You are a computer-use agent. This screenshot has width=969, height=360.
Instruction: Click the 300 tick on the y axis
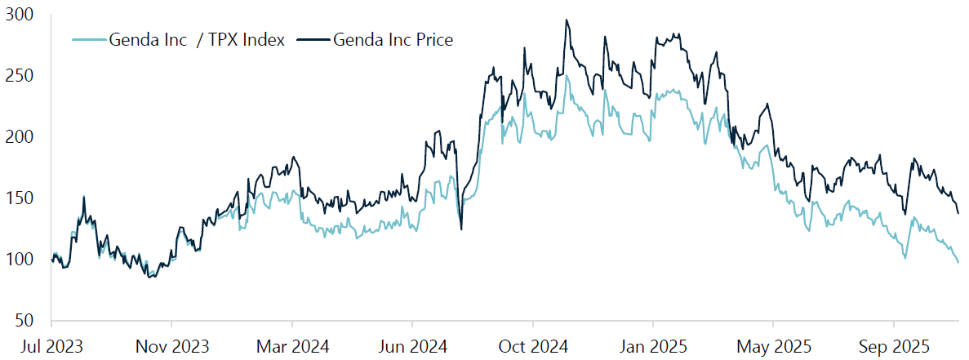21,15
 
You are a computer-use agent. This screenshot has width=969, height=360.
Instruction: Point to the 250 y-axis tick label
21,76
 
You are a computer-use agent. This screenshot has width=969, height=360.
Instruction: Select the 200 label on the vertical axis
21,137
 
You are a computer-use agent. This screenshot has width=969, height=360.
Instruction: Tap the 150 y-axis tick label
21,198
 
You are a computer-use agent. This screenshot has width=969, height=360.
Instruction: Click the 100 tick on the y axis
21,260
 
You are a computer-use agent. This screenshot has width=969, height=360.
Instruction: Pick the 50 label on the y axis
25,320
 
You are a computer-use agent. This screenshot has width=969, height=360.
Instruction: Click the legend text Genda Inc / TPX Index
197,39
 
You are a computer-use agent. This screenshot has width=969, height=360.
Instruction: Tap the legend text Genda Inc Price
393,39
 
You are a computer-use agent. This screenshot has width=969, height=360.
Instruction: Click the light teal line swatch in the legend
89,39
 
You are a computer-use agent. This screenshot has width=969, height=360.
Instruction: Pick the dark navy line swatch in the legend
313,39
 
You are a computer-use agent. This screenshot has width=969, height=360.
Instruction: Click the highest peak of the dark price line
566,20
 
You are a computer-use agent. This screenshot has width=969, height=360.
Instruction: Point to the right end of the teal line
958,262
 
